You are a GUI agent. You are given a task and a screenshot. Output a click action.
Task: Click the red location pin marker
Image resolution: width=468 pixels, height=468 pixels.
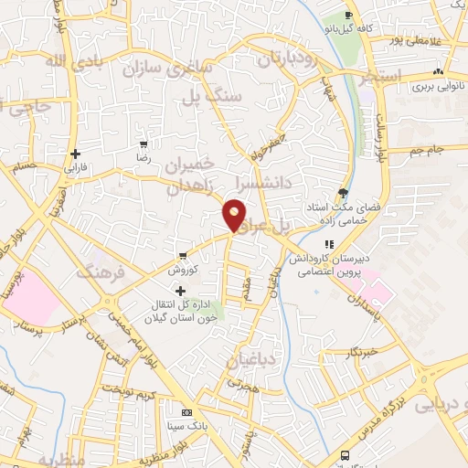[x=235, y=215]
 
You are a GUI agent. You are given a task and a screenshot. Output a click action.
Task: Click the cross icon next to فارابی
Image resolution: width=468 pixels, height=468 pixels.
[x=75, y=154]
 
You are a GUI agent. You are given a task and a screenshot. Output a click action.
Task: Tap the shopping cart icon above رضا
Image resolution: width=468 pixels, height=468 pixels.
[x=142, y=144]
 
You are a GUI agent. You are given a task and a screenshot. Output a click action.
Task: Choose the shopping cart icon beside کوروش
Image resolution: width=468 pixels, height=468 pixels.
[x=184, y=255]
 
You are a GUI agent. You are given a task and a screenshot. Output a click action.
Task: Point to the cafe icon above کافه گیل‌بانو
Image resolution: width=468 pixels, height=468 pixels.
[x=348, y=16]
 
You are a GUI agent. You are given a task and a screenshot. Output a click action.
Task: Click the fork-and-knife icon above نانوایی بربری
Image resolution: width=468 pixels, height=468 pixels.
[x=439, y=71]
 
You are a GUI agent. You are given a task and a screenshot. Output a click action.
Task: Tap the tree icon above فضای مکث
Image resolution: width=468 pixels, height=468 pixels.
[x=343, y=192]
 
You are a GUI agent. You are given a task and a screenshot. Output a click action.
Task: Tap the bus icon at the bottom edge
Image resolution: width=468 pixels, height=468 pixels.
[x=344, y=455]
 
